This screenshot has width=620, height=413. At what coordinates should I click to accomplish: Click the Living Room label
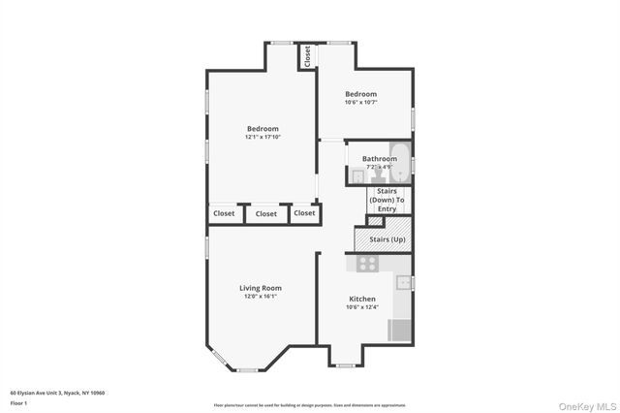[x=261, y=288]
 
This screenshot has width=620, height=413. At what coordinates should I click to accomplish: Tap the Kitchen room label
[x=362, y=299]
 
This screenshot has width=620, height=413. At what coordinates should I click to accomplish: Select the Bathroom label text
[x=379, y=159]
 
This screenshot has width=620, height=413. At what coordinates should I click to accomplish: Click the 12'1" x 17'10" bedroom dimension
[x=263, y=138]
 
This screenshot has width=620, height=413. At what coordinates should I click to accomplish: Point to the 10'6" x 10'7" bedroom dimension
[x=361, y=103]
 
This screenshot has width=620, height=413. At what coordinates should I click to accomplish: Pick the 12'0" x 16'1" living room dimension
[x=261, y=297]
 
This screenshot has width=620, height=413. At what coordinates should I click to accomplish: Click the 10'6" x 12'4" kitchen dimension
[x=362, y=307]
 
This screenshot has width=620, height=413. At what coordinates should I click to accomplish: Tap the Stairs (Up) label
[x=387, y=238]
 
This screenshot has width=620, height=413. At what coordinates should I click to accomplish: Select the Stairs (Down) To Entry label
[x=387, y=200]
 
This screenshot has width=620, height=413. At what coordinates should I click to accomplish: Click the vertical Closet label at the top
[x=307, y=56]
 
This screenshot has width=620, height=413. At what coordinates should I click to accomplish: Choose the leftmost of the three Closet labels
[x=223, y=213]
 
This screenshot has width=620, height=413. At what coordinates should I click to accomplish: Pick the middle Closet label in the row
[x=265, y=213]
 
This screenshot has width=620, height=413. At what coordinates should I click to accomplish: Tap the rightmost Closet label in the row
[x=304, y=213]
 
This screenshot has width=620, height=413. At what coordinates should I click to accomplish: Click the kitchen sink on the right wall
[x=405, y=283]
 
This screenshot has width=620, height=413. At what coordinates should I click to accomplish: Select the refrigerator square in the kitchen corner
[x=400, y=330]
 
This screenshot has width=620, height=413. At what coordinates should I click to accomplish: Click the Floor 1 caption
[x=18, y=402]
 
